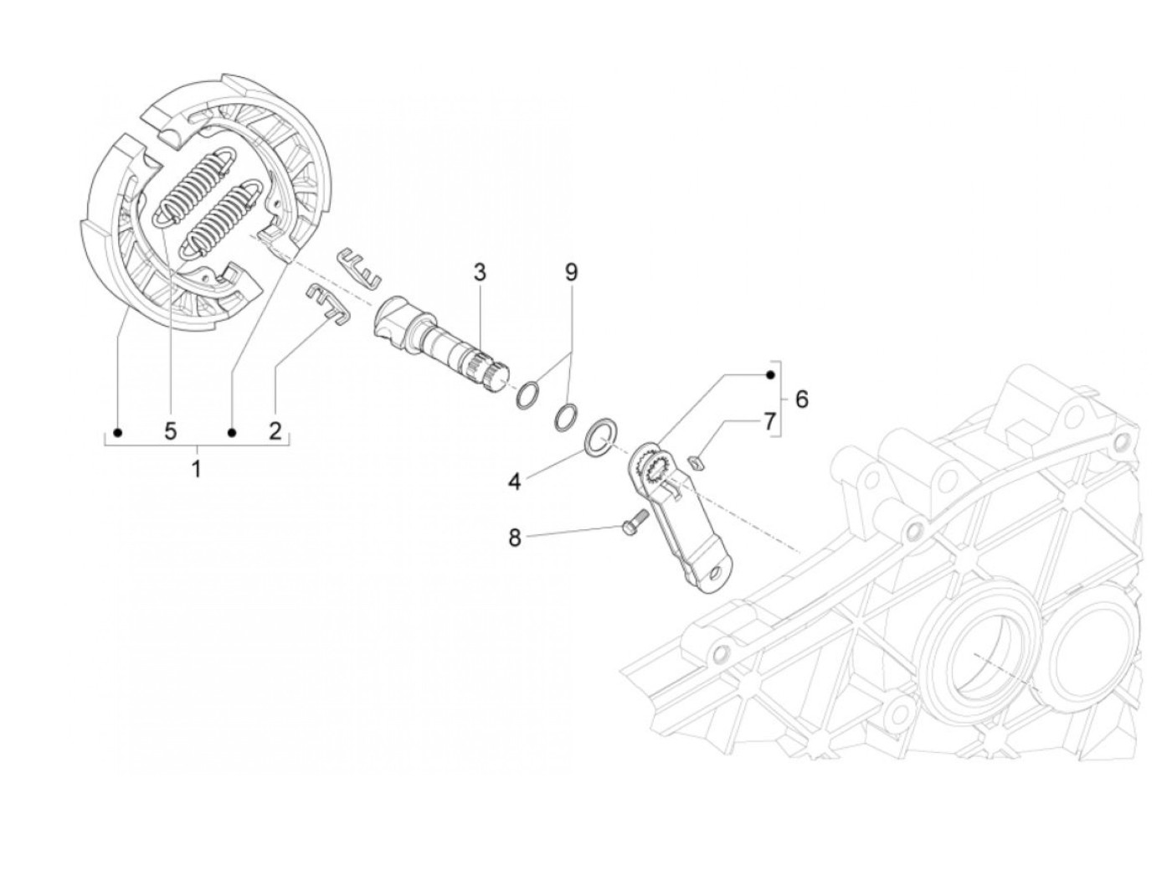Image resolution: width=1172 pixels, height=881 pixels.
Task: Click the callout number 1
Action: click(x=197, y=468)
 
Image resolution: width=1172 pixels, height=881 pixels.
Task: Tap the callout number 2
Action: click(x=275, y=431)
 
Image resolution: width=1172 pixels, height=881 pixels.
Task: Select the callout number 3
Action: click(x=479, y=272)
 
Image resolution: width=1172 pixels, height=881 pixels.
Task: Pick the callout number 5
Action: click(x=171, y=431)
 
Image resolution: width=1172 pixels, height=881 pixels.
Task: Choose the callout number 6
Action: click(x=802, y=399)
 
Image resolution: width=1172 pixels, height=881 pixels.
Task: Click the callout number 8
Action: click(x=515, y=537)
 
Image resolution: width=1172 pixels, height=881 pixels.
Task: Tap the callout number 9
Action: click(x=572, y=272)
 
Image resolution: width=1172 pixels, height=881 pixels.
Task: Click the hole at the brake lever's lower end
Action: click(x=713, y=574)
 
